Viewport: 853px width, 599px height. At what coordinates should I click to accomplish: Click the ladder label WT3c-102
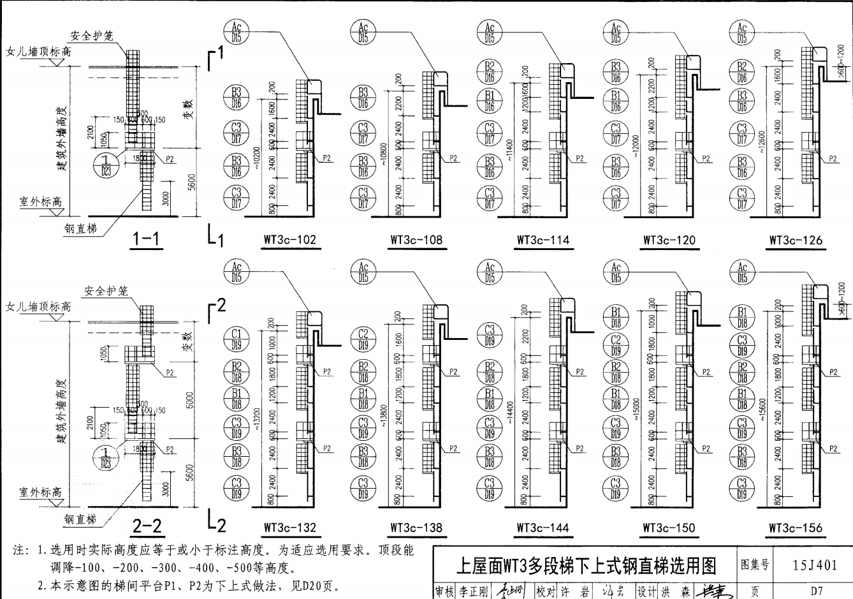click(x=290, y=240)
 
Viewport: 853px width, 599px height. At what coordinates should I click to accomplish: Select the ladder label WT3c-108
click(x=416, y=240)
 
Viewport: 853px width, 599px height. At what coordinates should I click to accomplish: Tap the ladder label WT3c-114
click(x=543, y=240)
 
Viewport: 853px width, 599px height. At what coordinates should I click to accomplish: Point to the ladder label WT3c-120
click(x=669, y=240)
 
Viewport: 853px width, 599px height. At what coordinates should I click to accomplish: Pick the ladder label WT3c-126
click(x=796, y=240)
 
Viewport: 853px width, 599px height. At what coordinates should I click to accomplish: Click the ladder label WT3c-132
click(x=290, y=528)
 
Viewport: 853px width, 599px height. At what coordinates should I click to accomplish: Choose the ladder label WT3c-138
click(x=416, y=528)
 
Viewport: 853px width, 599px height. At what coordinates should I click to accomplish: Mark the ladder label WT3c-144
click(x=543, y=528)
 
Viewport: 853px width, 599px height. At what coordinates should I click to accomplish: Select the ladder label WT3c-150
click(x=669, y=528)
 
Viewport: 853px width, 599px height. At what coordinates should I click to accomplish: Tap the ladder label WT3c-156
click(x=796, y=528)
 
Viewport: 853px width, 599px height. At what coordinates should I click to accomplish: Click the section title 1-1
click(x=147, y=239)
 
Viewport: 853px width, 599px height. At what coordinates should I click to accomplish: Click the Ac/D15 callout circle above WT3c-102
click(x=237, y=33)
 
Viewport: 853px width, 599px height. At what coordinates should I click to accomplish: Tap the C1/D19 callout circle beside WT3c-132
click(x=237, y=339)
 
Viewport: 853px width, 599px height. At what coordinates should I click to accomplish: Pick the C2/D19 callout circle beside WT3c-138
click(x=363, y=339)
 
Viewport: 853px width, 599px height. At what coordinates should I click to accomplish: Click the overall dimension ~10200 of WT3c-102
click(x=258, y=152)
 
